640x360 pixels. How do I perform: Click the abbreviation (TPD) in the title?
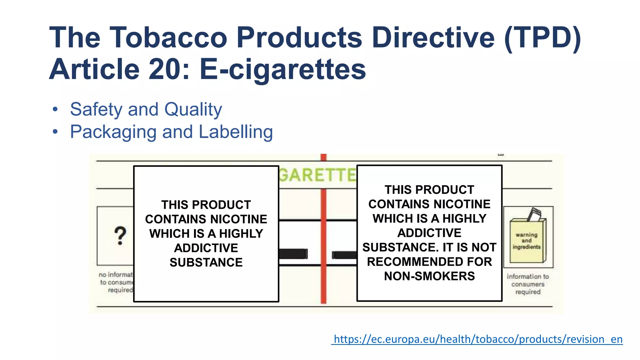click(542, 38)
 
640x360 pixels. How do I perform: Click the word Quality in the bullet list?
click(193, 110)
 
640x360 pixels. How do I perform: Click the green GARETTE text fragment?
click(317, 175)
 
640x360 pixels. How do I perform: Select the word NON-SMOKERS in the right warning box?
click(429, 276)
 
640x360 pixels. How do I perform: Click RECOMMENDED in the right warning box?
click(429, 262)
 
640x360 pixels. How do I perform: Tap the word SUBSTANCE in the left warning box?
click(206, 262)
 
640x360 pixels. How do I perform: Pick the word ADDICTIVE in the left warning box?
click(206, 248)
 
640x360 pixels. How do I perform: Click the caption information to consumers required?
click(528, 284)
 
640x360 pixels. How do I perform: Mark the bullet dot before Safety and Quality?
click(55, 110)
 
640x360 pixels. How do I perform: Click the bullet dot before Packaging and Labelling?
click(55, 132)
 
